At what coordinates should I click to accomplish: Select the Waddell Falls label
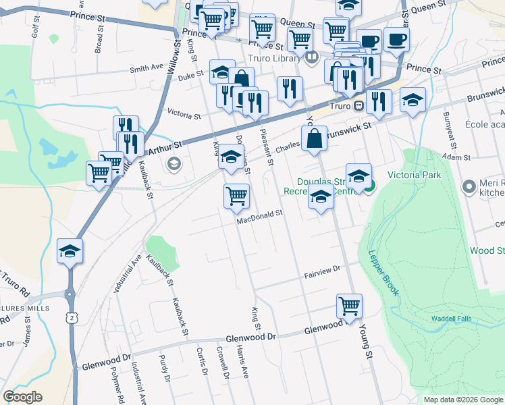[451, 319]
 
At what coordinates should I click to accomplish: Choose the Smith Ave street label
[147, 68]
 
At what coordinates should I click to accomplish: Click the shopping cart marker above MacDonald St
[236, 196]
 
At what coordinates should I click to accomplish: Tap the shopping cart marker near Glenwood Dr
[349, 306]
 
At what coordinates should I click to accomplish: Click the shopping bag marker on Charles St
[314, 139]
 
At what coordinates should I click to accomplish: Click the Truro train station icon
[360, 106]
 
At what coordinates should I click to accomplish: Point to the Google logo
[22, 397]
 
